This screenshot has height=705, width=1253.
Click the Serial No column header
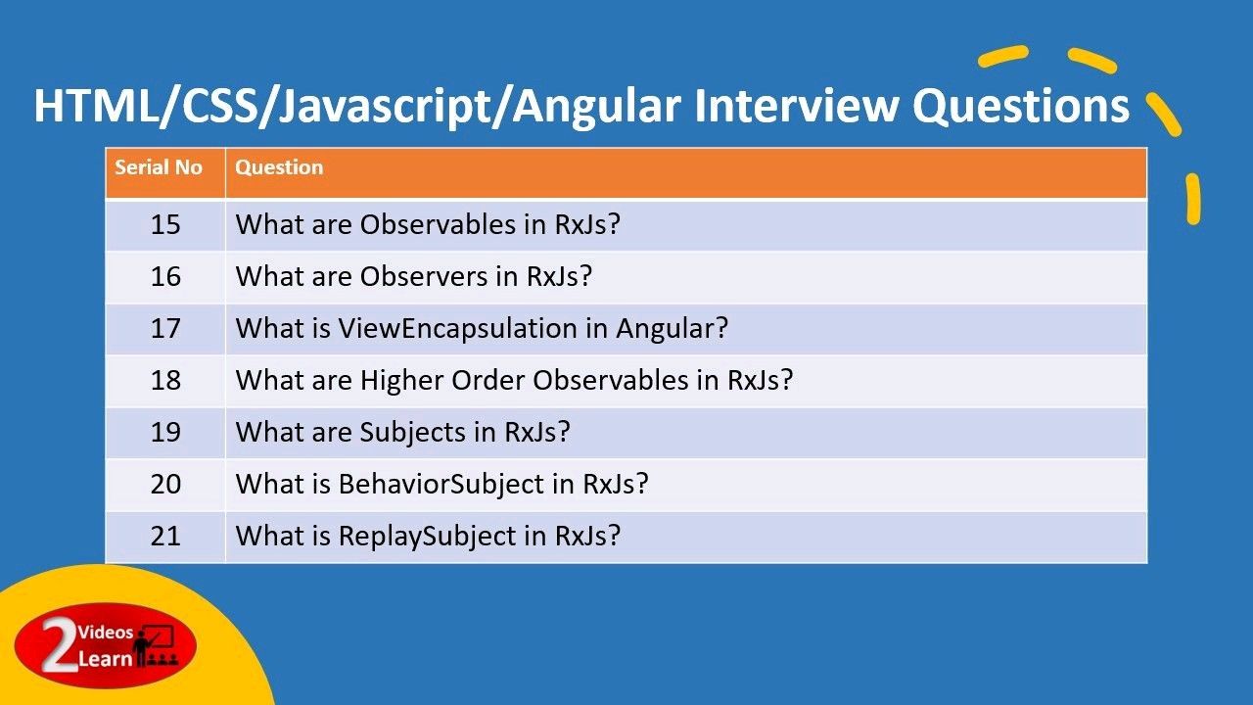[159, 167]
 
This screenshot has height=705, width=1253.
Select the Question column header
[279, 167]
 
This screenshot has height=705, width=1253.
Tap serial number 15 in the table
[165, 224]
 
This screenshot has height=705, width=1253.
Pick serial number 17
[165, 328]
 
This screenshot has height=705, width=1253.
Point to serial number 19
[165, 433]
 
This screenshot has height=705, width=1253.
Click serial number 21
[165, 536]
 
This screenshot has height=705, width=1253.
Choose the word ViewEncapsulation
[457, 328]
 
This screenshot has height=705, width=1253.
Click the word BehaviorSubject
[441, 485]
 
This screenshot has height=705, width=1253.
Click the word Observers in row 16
[424, 276]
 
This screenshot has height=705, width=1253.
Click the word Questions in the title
[1021, 107]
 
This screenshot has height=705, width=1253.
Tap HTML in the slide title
[96, 106]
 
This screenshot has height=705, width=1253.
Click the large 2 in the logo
[60, 643]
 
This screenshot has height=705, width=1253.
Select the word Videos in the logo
[106, 633]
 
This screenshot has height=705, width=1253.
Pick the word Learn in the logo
[105, 659]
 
